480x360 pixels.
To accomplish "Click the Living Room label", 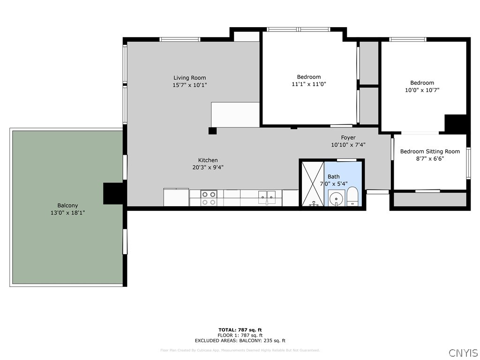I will [x=189, y=78].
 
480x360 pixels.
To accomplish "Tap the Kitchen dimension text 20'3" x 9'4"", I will [x=208, y=167].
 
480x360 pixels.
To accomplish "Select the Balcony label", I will [x=67, y=205].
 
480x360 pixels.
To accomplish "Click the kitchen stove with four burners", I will [x=209, y=198].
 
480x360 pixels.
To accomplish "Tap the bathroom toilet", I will [x=352, y=197].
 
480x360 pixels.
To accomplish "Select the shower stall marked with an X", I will [x=312, y=183].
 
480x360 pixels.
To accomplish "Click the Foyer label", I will [x=348, y=137].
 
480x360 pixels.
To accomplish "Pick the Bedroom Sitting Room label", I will [x=429, y=151].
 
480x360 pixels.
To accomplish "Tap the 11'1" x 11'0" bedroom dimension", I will [x=308, y=84].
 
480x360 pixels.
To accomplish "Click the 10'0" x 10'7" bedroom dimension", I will [x=422, y=90].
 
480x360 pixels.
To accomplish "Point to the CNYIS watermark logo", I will [x=463, y=353].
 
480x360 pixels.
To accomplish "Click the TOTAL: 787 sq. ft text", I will [x=240, y=330].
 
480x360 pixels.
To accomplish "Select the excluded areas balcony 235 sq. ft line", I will [x=240, y=341].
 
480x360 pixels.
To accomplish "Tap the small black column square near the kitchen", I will [x=212, y=131].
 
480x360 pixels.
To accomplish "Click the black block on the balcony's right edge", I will [x=113, y=193].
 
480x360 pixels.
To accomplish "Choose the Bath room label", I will [x=333, y=176].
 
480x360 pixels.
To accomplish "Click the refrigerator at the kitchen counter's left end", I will [x=176, y=197].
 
